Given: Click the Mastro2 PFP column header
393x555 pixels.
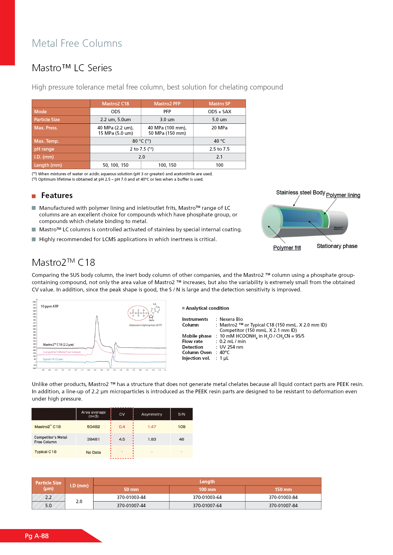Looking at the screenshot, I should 167,104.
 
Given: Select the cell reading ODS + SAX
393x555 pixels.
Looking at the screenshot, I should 219,112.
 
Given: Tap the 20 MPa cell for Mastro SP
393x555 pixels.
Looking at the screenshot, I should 219,128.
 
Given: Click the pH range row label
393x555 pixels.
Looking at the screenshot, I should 44,149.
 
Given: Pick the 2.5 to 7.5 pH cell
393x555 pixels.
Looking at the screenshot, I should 219,149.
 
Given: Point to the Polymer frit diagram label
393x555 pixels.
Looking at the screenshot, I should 287,248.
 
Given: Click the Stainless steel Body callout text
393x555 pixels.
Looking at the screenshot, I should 300,192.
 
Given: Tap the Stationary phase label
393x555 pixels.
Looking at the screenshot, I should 337,246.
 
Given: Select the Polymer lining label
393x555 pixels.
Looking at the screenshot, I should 343,195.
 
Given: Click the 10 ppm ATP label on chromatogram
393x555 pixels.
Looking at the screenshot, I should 49,306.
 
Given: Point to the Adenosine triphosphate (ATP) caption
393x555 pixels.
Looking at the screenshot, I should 145,325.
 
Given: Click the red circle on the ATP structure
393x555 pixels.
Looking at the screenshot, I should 138,313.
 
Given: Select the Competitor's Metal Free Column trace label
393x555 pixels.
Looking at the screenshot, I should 62,352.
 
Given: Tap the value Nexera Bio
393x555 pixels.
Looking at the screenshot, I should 231,319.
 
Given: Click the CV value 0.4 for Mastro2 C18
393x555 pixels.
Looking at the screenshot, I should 122,427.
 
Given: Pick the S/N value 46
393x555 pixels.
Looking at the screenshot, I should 182,439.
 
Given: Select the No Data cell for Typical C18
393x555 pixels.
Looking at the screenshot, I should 93,452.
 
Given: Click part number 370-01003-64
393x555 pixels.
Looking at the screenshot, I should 207,497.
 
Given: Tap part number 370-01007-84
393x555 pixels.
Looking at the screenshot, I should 283,506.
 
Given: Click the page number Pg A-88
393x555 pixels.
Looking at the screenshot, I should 37,536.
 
